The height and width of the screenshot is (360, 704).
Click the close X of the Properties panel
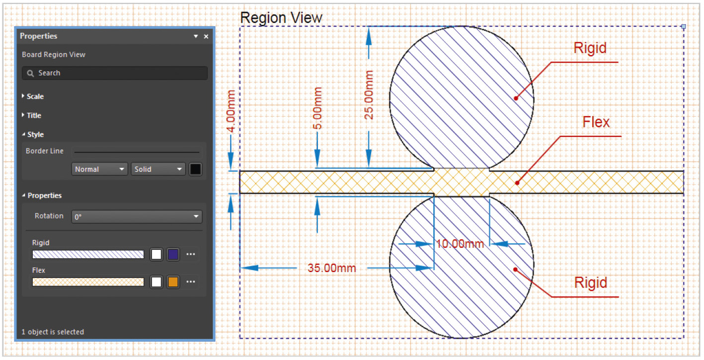click(x=206, y=36)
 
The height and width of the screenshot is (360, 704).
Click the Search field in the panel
click(x=115, y=73)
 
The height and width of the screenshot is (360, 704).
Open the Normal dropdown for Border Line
click(x=99, y=169)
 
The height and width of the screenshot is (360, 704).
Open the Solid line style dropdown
click(x=158, y=169)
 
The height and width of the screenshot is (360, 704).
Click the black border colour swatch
click(x=195, y=169)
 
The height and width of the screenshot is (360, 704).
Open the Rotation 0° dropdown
click(x=137, y=216)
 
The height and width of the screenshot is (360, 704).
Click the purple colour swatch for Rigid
click(x=173, y=254)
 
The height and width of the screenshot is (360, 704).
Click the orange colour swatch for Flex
click(x=173, y=282)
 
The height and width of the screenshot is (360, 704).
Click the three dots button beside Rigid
click(x=191, y=254)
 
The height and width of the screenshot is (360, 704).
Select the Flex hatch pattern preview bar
click(x=88, y=282)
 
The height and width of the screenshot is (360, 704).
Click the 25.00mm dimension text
click(x=369, y=95)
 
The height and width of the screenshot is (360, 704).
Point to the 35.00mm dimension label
click(x=332, y=268)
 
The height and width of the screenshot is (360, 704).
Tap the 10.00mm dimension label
click(x=460, y=244)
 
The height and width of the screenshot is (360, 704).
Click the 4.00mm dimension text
click(x=231, y=111)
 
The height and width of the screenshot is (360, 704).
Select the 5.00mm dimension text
click(x=317, y=108)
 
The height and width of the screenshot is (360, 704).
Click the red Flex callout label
click(x=596, y=122)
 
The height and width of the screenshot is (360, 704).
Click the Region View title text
click(x=281, y=17)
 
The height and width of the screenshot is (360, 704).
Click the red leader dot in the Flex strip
click(x=517, y=183)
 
